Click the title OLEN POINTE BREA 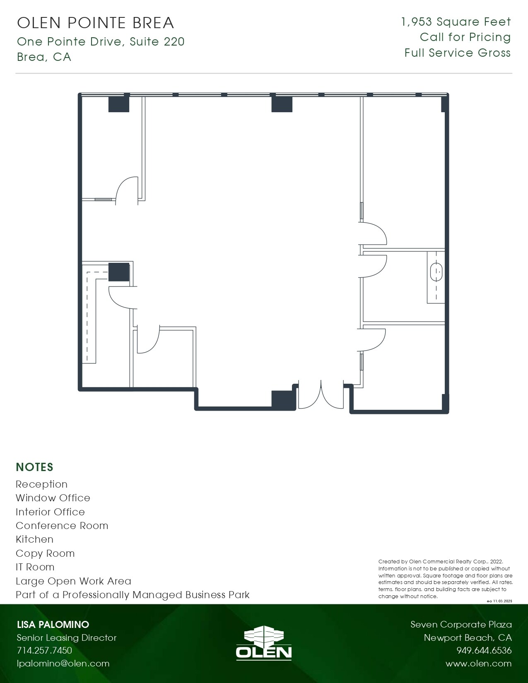[x=96, y=23]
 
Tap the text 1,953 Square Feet [x=456, y=22]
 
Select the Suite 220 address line [x=101, y=42]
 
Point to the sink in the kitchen [x=436, y=273]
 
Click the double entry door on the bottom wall [x=321, y=395]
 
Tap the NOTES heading [x=34, y=467]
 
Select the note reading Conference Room [x=62, y=526]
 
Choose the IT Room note [x=35, y=567]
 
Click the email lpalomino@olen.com [x=63, y=664]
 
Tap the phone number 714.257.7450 [x=44, y=650]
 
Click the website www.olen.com [x=478, y=664]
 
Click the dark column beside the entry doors [x=283, y=399]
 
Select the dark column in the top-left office [x=119, y=104]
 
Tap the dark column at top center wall [x=282, y=104]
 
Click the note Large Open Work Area [x=73, y=581]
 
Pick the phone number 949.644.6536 [x=484, y=650]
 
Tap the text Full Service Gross [x=457, y=53]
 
